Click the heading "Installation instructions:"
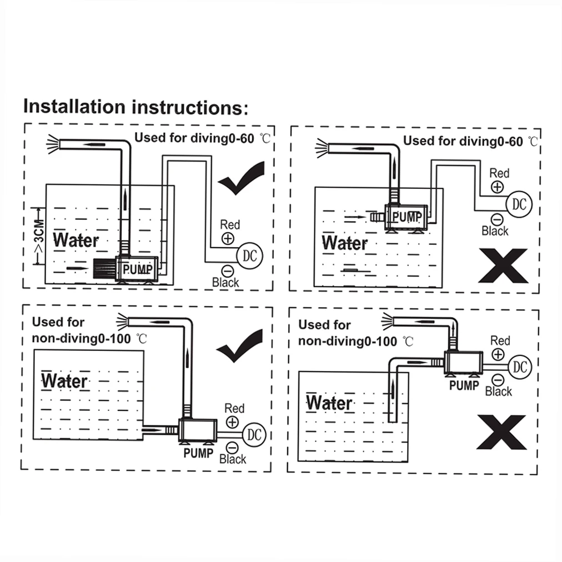coord(136,107)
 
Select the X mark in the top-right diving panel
coord(502,265)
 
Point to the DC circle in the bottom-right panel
coord(520,367)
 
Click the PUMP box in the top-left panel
coord(137,269)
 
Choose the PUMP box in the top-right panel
coord(407,216)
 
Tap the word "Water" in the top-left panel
coord(76,240)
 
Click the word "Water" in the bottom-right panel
coord(329,403)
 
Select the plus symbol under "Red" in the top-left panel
coord(228,239)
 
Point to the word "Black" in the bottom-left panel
coord(233,459)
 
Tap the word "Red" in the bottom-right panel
coord(500,340)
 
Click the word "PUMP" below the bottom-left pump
coord(198,453)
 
